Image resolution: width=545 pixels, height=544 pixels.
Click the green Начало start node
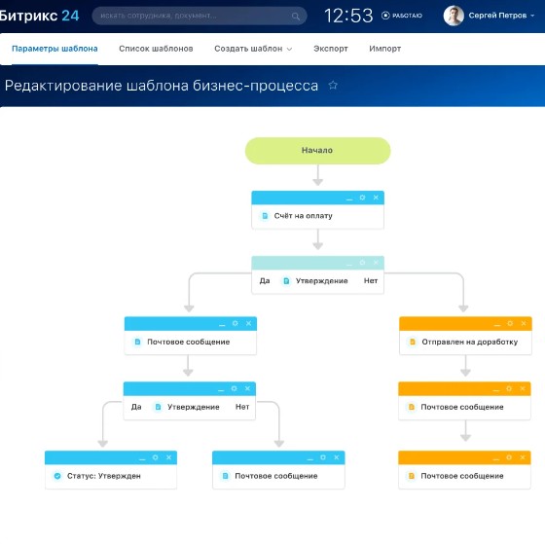317,151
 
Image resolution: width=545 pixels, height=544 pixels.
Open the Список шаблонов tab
156,49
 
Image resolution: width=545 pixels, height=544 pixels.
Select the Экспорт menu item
331,49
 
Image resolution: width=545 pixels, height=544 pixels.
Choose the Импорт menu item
384,49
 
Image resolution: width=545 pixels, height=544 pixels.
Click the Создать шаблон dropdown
253,49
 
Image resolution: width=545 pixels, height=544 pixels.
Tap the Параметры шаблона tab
54,49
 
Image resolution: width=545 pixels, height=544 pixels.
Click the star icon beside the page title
333,86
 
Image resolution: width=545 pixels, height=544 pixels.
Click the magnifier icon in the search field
296,16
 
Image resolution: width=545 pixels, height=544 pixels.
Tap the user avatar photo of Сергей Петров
454,16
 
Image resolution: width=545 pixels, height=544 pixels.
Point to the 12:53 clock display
348,16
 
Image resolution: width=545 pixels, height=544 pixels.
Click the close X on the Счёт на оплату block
376,198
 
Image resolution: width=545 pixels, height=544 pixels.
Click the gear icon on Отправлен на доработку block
510,323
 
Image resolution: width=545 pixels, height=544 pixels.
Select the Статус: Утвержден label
103,476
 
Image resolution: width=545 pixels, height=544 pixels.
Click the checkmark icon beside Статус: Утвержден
57,476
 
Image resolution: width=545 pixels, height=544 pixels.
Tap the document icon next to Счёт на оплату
265,216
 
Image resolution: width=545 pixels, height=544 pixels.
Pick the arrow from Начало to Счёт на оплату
317,175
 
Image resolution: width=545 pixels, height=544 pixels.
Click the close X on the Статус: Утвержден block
168,457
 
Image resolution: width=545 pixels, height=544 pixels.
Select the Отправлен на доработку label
469,342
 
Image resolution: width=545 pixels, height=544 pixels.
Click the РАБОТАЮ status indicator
401,16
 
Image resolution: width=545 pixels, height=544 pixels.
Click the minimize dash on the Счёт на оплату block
349,199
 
